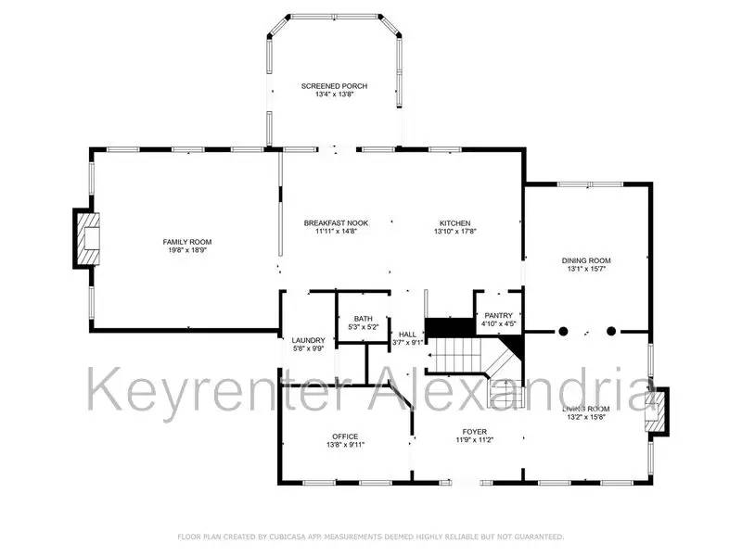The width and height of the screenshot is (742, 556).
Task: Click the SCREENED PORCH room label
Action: click(x=334, y=85)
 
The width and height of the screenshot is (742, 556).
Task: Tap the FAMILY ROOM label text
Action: click(x=181, y=242)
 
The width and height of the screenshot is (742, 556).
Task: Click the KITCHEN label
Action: click(x=455, y=223)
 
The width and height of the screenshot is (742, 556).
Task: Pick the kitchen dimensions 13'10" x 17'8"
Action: click(x=455, y=232)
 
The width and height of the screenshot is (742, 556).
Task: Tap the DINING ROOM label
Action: click(x=586, y=260)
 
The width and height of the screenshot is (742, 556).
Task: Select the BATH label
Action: click(x=350, y=319)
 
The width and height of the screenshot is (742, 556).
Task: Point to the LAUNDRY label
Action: click(x=308, y=340)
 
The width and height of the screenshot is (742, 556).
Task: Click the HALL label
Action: click(x=407, y=335)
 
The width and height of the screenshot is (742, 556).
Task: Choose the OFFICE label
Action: click(x=345, y=436)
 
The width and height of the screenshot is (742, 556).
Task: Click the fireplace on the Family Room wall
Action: click(x=86, y=238)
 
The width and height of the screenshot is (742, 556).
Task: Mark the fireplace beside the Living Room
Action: click(x=657, y=411)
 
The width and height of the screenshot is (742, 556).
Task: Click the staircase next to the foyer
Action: click(x=473, y=361)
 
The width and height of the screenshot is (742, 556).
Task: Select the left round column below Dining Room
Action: click(x=563, y=330)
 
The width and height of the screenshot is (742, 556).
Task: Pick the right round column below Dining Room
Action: click(x=611, y=330)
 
